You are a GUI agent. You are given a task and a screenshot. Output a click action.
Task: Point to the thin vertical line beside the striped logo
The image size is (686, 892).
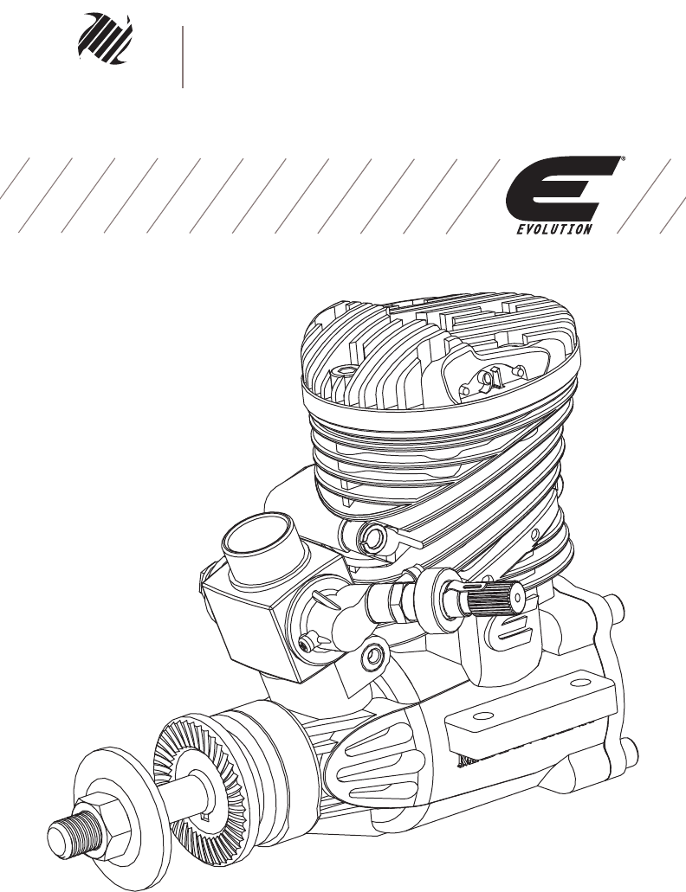[183, 57]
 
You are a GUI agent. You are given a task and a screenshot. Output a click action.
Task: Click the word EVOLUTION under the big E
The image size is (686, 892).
[554, 229]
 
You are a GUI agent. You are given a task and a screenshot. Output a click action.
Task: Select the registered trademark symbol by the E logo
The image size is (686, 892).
[624, 158]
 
